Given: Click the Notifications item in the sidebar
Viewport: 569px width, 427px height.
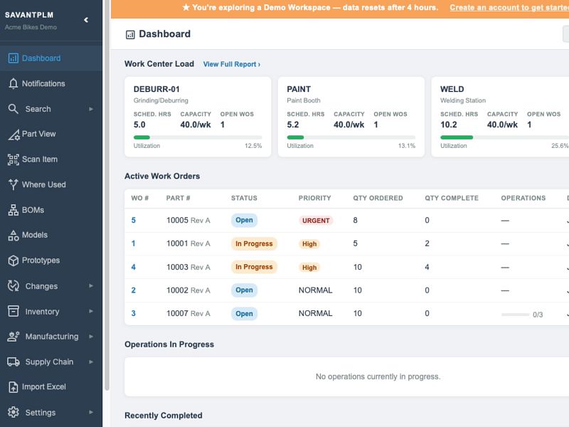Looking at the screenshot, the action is point(43,83).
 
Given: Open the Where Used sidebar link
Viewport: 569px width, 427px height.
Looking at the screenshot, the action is point(44,184).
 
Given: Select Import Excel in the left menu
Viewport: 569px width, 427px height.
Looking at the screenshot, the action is point(44,386).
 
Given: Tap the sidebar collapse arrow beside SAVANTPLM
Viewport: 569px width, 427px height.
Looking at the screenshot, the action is point(86,20).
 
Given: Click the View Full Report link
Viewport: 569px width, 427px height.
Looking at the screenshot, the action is point(232,64).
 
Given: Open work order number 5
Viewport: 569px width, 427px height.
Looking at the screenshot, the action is point(134,220).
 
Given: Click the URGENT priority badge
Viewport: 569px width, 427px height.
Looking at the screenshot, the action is point(316,221).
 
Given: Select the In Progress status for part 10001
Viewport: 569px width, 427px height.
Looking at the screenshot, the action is point(254,243).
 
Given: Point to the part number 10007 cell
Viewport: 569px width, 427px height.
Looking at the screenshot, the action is point(188,313).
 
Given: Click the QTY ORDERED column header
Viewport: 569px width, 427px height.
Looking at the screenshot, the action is point(378,198).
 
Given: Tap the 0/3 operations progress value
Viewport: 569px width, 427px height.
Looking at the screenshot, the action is point(538,315).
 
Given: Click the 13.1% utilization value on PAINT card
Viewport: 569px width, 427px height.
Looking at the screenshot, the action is point(406,146).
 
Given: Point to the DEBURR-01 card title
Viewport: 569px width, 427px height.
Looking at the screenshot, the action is point(156,89).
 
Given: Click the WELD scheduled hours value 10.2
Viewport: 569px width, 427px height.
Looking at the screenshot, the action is point(449,125).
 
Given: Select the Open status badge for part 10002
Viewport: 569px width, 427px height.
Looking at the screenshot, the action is point(244,290).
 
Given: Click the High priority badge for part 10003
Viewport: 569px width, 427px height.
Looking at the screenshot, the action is point(309,268).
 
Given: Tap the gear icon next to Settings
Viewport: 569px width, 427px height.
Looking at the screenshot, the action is point(14,412).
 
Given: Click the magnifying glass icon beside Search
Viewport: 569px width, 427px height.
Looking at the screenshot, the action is point(13,109).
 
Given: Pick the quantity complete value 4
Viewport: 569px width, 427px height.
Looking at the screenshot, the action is point(427,267).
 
